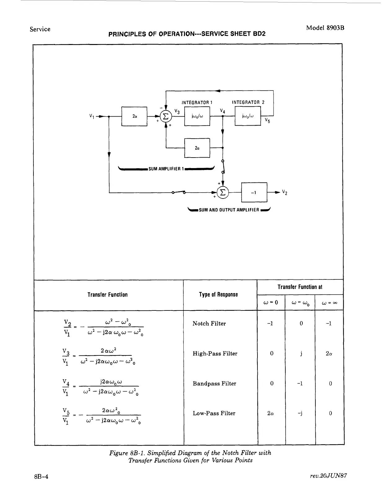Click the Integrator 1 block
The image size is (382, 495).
click(197, 116)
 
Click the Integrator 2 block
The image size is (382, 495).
click(248, 116)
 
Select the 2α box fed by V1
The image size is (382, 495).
click(134, 116)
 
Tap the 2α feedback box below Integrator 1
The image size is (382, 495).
click(197, 148)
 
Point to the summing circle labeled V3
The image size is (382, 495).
click(166, 116)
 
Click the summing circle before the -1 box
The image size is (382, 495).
click(223, 193)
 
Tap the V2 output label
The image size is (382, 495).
click(284, 192)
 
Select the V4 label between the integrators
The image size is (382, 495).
click(222, 111)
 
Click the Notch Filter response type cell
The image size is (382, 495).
click(209, 323)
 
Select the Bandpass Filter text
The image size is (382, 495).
click(214, 384)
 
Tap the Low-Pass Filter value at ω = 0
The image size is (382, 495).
click(271, 413)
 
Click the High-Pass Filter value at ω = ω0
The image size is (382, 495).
click(301, 354)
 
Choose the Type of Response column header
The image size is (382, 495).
click(218, 295)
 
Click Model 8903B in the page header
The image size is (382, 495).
click(325, 28)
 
